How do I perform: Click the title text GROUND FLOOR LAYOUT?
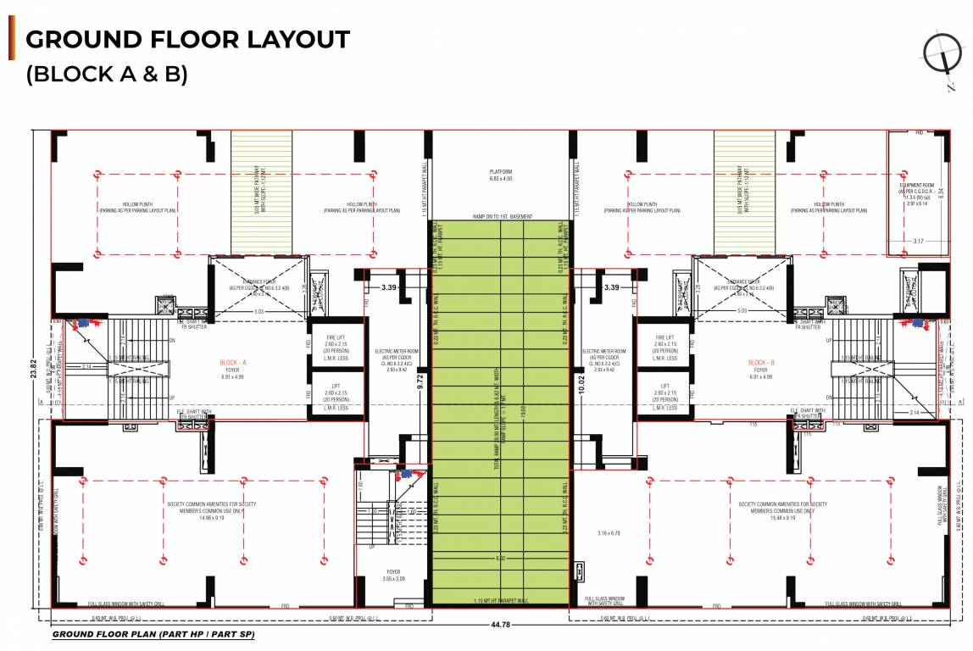[187, 39]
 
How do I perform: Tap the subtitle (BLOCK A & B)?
[107, 74]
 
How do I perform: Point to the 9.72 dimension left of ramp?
[420, 383]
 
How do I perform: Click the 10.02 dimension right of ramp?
[581, 383]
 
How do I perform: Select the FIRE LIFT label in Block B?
[665, 337]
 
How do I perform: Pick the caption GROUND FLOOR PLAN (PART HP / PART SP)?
[153, 634]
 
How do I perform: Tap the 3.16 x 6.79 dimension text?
[609, 533]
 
